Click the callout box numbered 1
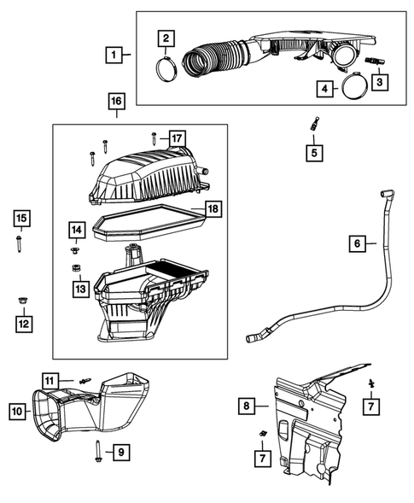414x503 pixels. coord(113,55)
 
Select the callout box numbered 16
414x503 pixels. coord(116,102)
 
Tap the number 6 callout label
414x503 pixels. coord(358,244)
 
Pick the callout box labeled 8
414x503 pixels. coord(246,406)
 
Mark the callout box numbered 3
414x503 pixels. coord(376,82)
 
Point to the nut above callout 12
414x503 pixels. coord(20,300)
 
